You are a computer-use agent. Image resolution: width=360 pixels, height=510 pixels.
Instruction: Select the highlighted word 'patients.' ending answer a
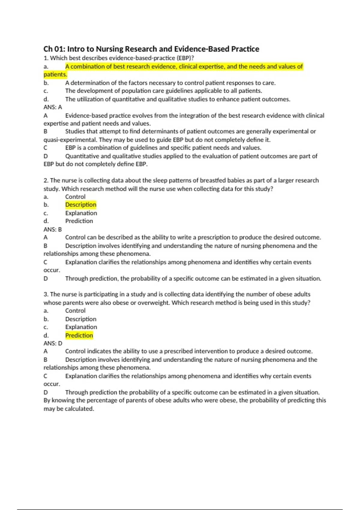[x=55, y=74]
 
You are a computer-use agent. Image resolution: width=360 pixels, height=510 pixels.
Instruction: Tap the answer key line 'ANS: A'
[x=53, y=107]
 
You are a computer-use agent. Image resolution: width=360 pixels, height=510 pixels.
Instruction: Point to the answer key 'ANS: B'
[x=53, y=229]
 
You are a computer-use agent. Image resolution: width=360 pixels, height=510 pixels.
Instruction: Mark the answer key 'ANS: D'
[x=53, y=343]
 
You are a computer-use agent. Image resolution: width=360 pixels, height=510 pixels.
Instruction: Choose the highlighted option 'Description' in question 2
[x=81, y=205]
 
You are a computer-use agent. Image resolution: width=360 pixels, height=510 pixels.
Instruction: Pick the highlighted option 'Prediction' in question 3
[x=79, y=335]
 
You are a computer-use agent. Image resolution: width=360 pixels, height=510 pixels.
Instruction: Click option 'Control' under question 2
[x=75, y=197]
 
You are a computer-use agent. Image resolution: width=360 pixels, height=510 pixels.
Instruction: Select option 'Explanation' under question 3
[x=81, y=327]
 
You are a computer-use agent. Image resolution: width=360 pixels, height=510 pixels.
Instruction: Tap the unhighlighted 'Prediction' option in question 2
[x=79, y=221]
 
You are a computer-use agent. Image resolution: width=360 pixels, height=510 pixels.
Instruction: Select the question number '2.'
[x=46, y=181]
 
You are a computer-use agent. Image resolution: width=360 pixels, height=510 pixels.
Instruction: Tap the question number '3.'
[x=46, y=294]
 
